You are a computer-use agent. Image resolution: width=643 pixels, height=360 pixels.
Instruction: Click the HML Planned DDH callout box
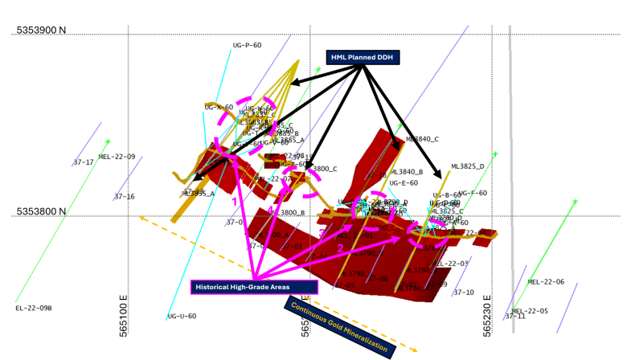coord(362,57)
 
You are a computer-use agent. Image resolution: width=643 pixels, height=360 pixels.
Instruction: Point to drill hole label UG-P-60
coord(247,45)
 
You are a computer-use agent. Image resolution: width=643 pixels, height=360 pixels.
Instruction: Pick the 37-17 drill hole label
coord(84,162)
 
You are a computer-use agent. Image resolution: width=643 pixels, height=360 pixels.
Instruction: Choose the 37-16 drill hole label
coord(124,196)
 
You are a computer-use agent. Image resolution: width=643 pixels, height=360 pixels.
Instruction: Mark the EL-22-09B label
coord(33,308)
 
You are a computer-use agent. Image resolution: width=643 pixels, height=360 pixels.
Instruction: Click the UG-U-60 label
coord(182,316)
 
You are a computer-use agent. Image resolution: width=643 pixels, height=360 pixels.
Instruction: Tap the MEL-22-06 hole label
coord(546,282)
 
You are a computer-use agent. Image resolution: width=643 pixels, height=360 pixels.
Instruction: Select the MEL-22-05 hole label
coord(530,311)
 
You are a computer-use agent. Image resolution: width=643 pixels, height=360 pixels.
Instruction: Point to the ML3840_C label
coord(422,139)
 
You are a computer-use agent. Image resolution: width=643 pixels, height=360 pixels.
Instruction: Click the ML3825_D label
coord(468,166)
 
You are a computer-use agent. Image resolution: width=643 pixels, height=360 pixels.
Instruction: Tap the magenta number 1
coord(235,191)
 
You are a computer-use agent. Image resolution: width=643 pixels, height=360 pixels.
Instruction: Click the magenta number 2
coord(340,248)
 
